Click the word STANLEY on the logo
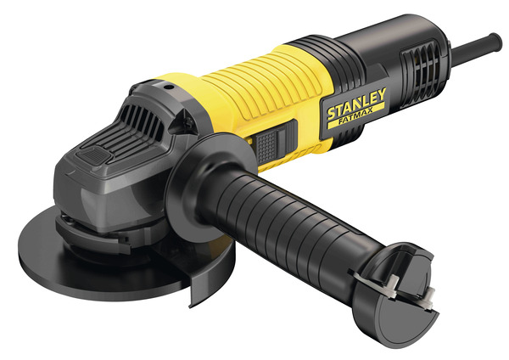tap(356, 103)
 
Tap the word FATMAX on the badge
tap(355, 117)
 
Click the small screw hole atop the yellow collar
tap(167, 87)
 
